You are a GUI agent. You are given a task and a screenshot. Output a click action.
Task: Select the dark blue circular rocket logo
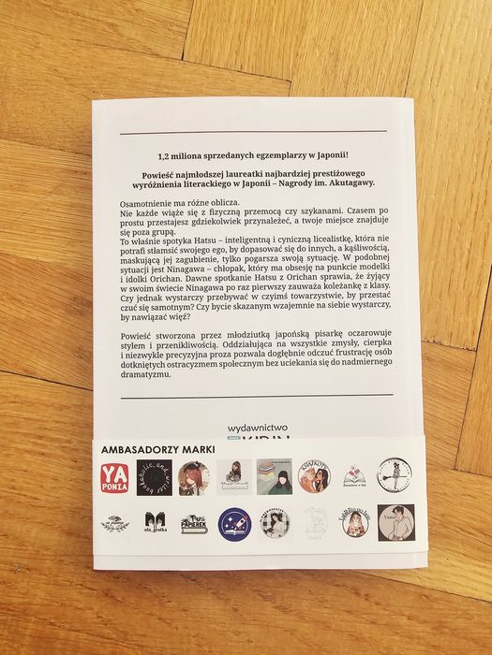click(233, 525)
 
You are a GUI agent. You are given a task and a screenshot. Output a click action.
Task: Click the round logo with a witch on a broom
click(395, 477)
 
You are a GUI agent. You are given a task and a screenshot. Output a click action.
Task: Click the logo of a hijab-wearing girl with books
click(273, 478)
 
